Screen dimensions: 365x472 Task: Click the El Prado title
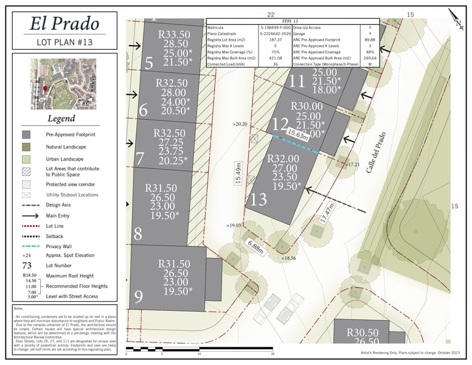64,24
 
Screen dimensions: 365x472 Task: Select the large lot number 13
259,200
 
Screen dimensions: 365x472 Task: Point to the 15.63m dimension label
298,133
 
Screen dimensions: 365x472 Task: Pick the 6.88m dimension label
255,246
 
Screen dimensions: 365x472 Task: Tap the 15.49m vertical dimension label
238,173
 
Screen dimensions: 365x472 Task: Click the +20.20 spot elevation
240,124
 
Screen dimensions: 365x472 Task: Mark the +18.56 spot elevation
288,259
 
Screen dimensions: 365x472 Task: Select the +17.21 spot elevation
353,165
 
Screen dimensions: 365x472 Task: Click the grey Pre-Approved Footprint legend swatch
26,134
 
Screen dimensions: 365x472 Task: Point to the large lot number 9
139,297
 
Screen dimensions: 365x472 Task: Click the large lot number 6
144,111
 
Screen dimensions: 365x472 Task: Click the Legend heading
61,119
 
